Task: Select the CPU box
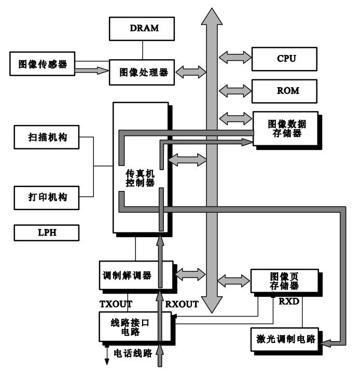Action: tap(283, 59)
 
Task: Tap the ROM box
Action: tap(283, 90)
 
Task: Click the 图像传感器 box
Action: tap(43, 65)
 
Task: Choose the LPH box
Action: tap(47, 233)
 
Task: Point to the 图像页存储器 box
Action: tap(284, 280)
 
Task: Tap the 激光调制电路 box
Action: tap(285, 340)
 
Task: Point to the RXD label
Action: tap(289, 301)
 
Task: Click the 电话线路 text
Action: tap(133, 353)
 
